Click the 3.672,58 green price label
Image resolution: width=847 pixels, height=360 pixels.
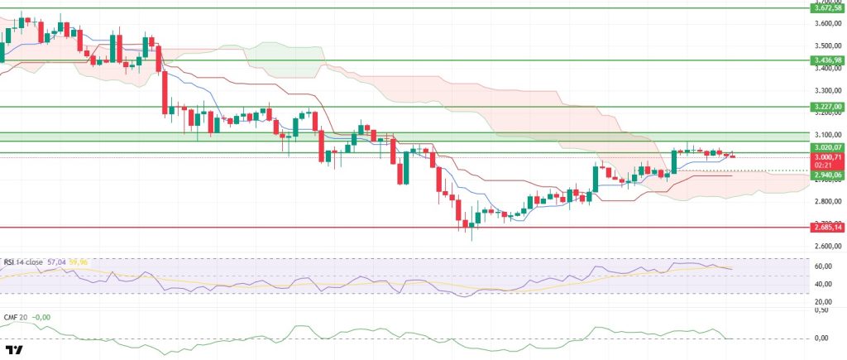pos(828,8)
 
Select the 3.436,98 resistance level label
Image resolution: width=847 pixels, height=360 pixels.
pos(828,60)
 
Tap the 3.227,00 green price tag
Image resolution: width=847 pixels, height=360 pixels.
pos(828,107)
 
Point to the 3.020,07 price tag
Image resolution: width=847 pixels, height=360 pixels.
pos(828,147)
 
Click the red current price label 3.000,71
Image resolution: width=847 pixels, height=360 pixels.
pos(828,156)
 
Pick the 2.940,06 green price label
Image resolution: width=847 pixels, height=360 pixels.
pos(828,175)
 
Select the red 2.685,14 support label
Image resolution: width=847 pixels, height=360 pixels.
pos(828,228)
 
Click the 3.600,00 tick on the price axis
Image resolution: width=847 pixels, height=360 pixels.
pos(828,23)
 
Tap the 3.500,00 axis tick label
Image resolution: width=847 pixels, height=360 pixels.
pos(828,46)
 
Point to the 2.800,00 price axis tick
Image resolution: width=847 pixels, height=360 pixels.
pos(828,201)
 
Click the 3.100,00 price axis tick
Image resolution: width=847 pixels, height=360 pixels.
pos(828,134)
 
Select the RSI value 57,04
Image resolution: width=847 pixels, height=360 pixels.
pos(58,262)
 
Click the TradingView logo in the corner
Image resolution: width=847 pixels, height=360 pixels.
pos(14,350)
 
